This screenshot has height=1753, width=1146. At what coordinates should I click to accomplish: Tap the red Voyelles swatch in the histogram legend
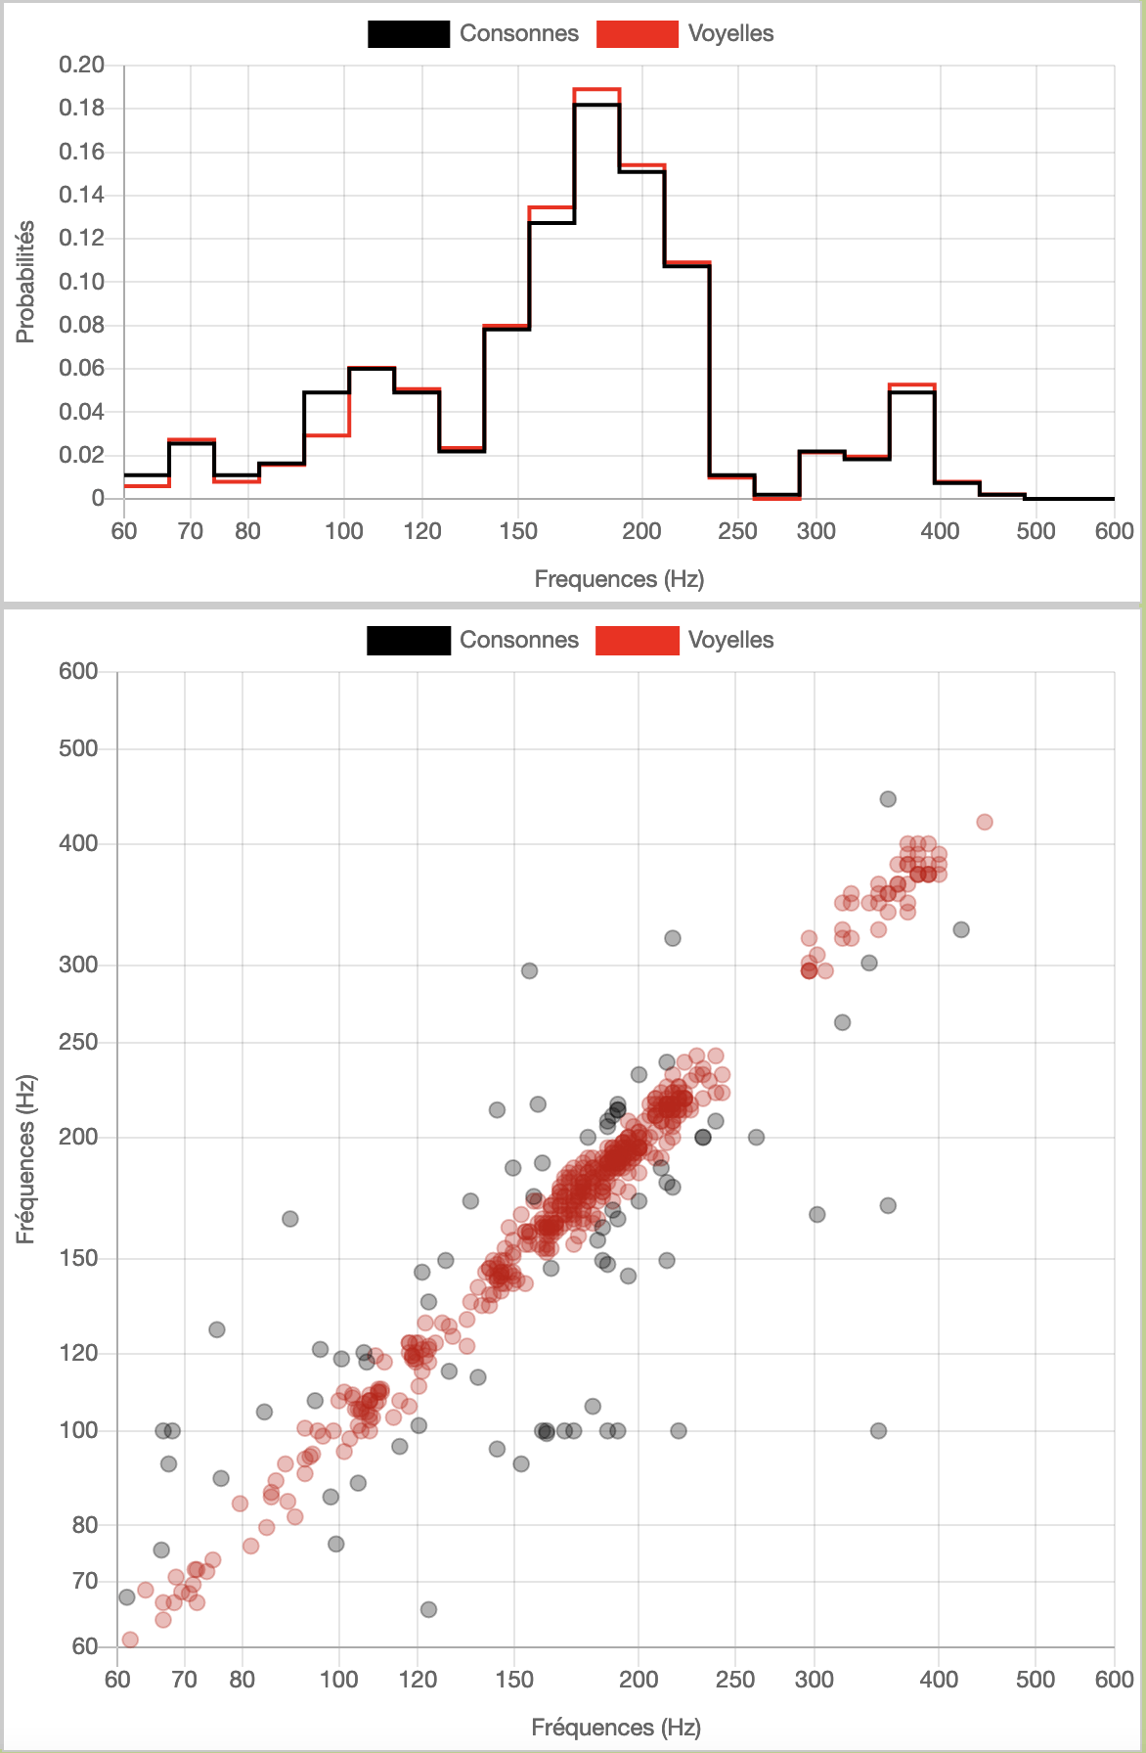[x=637, y=34]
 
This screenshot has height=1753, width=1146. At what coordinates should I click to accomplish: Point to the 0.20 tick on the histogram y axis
[x=82, y=66]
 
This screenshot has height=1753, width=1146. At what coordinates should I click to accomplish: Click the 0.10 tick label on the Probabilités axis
[x=82, y=282]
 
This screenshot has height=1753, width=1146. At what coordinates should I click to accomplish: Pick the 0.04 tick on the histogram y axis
[x=82, y=412]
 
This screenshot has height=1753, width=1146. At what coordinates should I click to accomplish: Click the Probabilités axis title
[x=25, y=282]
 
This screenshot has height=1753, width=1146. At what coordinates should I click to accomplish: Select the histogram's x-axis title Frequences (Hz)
[x=619, y=579]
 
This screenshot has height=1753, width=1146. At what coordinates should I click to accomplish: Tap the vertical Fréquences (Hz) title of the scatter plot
[x=25, y=1159]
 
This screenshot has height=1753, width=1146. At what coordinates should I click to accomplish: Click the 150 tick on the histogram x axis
[x=518, y=531]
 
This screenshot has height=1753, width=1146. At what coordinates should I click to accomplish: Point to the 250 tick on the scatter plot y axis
[x=79, y=1042]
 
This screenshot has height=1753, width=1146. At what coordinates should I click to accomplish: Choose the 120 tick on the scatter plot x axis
[x=418, y=1680]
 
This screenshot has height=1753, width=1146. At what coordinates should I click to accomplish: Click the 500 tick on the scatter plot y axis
[x=79, y=748]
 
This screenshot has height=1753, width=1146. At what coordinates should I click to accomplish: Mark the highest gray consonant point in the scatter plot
[x=888, y=799]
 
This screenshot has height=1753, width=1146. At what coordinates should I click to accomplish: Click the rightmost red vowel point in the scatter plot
[x=985, y=822]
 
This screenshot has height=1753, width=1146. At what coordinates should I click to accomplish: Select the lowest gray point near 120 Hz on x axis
[x=428, y=1609]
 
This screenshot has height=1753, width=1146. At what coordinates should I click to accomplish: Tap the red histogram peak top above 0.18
[x=596, y=89]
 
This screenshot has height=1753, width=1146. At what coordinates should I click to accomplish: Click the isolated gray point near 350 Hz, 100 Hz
[x=878, y=1431]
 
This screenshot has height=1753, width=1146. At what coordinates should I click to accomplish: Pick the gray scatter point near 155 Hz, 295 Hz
[x=529, y=970]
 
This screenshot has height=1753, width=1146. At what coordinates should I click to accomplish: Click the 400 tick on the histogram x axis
[x=940, y=531]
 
